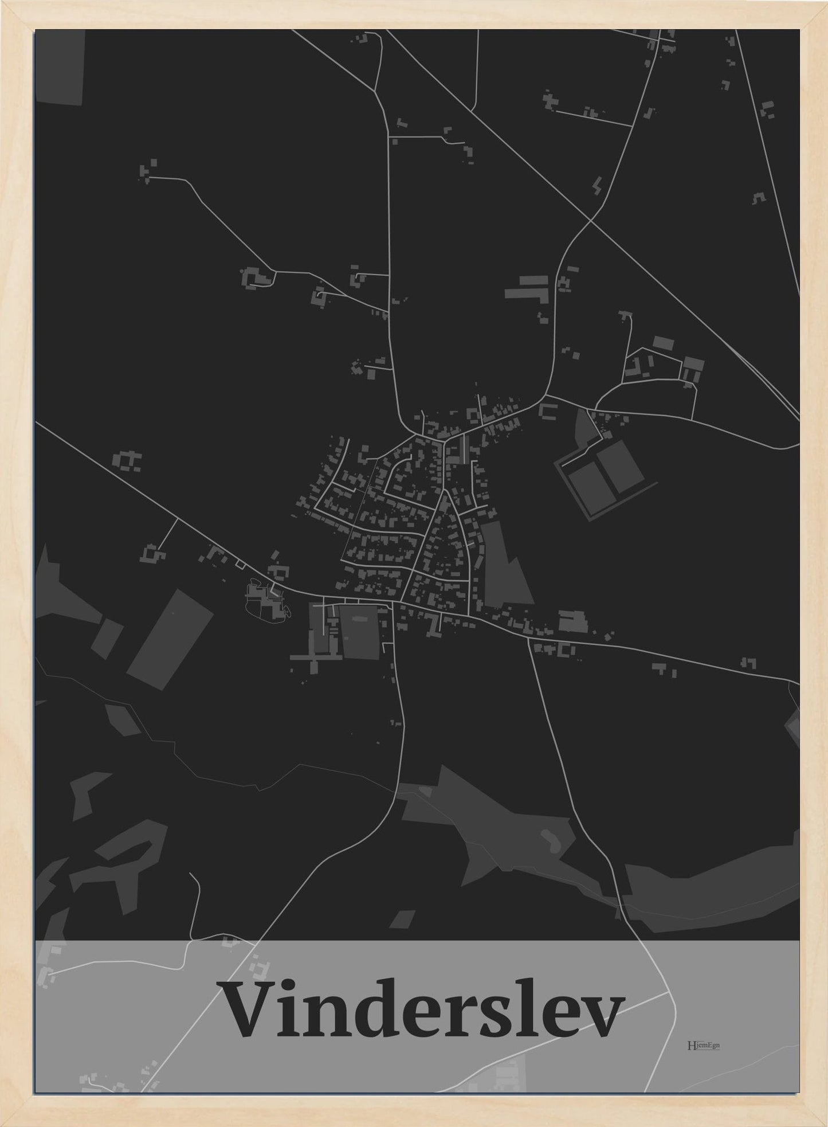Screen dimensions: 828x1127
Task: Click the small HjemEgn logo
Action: tap(703, 1045)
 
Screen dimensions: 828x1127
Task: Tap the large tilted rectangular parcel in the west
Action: tap(170, 639)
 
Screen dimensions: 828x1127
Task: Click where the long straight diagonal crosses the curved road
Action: tap(590, 220)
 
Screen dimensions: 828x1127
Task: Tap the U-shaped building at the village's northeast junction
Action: tap(548, 411)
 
